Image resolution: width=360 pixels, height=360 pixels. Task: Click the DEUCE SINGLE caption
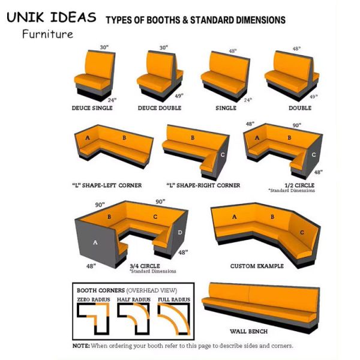coord(92,108)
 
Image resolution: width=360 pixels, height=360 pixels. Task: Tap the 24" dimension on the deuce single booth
coord(112,100)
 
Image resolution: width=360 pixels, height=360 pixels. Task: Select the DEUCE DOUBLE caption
coord(160,108)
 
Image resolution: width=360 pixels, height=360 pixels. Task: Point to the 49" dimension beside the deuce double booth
coord(179,96)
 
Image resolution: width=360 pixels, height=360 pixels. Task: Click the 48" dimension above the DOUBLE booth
coord(296,49)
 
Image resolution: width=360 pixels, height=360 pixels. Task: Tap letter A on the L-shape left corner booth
coord(88,138)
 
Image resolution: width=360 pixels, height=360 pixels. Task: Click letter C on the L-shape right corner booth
coord(223,155)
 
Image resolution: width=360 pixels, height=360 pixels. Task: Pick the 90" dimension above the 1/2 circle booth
coord(296,125)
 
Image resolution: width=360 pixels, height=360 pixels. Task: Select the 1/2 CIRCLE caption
coord(299,185)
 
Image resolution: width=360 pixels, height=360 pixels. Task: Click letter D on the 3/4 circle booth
coord(180,232)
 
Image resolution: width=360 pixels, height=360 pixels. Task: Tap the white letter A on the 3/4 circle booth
coord(95,242)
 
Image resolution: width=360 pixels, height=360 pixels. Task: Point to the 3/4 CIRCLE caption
coord(145,266)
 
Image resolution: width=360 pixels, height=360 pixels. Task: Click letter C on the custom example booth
coord(302,233)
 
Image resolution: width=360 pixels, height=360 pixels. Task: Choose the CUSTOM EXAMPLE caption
coord(257,266)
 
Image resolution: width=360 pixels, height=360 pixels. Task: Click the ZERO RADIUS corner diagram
coord(93,319)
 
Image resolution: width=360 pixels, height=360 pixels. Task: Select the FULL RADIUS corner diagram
coord(174,319)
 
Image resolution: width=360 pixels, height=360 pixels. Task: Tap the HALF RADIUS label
coord(134,299)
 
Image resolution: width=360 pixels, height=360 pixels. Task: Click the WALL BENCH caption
coord(248,331)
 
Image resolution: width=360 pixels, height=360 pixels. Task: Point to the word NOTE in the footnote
coord(81,346)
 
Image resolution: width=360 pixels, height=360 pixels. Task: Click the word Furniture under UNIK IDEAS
coord(48,34)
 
